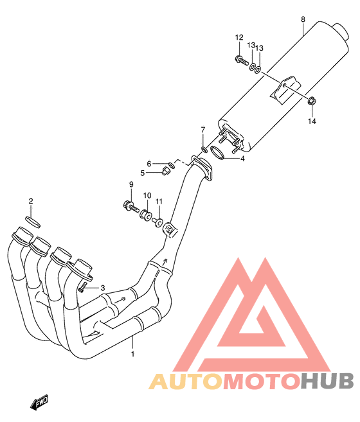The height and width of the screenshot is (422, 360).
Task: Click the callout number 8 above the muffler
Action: pyautogui.click(x=303, y=19)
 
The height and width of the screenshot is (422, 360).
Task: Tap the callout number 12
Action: pyautogui.click(x=239, y=37)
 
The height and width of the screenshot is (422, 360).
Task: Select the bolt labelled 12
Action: pyautogui.click(x=242, y=60)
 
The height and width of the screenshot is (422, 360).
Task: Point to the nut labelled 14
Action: pyautogui.click(x=312, y=101)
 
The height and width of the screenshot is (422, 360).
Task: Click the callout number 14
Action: pyautogui.click(x=312, y=121)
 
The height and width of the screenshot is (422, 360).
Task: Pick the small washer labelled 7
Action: pyautogui.click(x=204, y=148)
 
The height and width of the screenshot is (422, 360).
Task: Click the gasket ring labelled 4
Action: pyautogui.click(x=217, y=152)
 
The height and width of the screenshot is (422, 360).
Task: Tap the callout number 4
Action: pyautogui.click(x=242, y=159)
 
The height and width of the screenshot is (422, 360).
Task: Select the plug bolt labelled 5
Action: pyautogui.click(x=165, y=171)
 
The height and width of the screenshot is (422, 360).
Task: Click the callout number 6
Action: pyautogui.click(x=149, y=164)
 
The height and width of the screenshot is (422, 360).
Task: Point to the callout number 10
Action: pyautogui.click(x=147, y=195)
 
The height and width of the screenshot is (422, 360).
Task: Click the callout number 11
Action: pyautogui.click(x=159, y=201)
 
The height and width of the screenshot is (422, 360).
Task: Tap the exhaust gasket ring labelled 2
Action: pyautogui.click(x=33, y=222)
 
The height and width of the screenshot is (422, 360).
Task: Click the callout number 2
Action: pyautogui.click(x=31, y=201)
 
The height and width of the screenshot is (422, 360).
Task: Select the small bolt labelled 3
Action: pyautogui.click(x=83, y=287)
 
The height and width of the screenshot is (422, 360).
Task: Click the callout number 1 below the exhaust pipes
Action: pyautogui.click(x=132, y=354)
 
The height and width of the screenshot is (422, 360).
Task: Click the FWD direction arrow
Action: pyautogui.click(x=39, y=402)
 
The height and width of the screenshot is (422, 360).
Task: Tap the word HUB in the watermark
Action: pyautogui.click(x=327, y=382)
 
